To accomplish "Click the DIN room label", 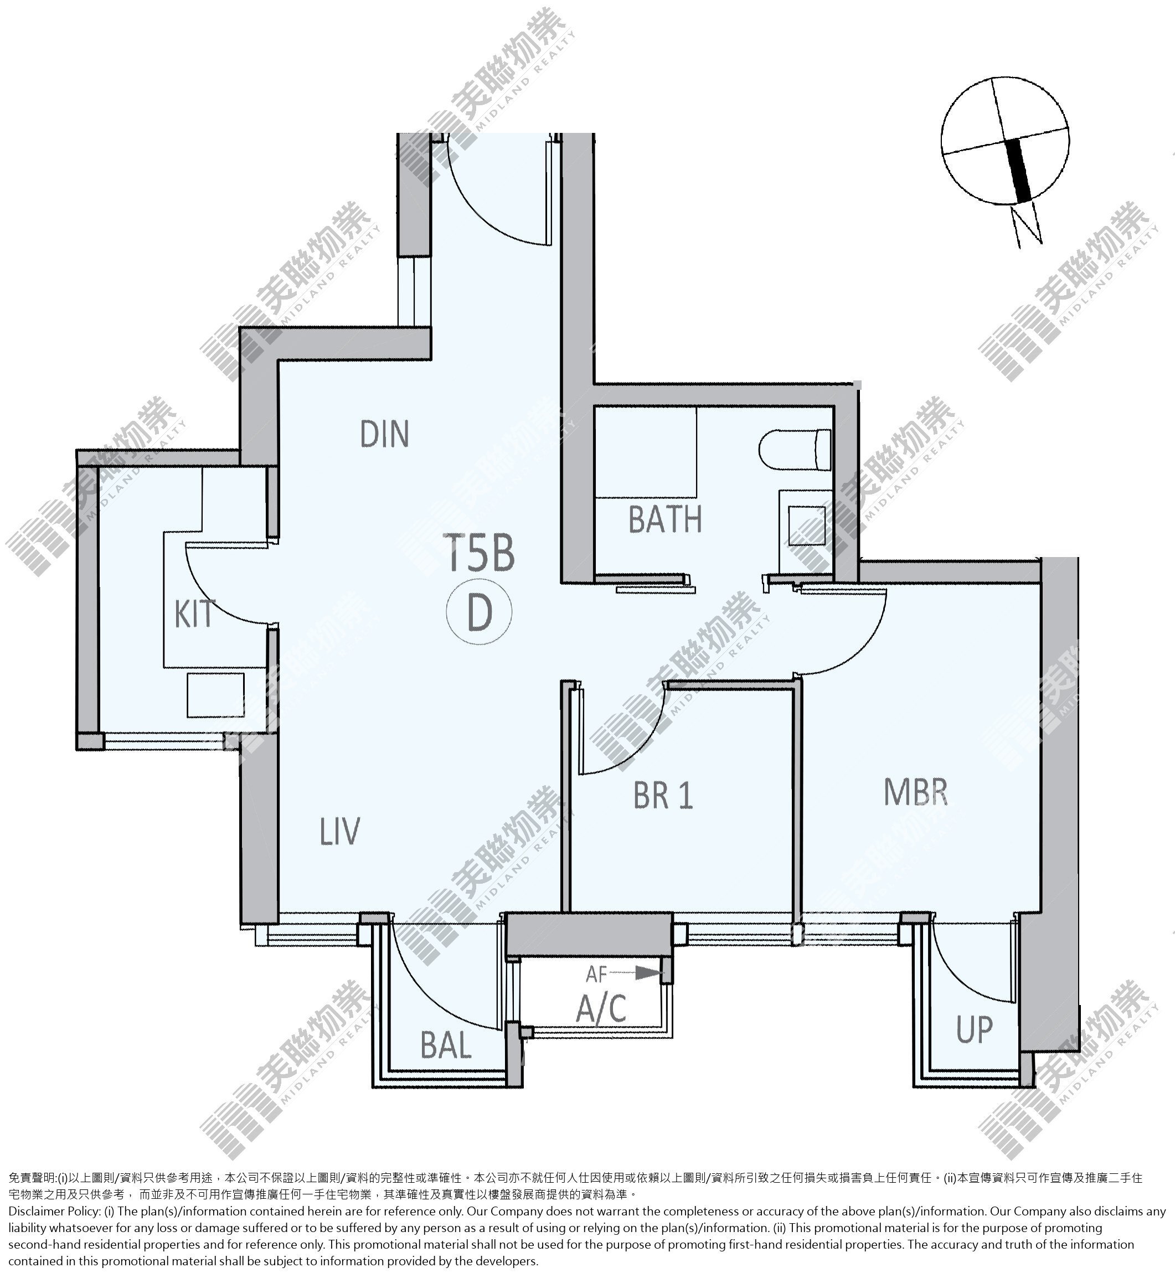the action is (384, 434).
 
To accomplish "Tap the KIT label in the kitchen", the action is (194, 614).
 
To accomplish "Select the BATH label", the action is (665, 519).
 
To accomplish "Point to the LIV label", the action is (340, 831).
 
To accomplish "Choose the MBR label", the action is (916, 792).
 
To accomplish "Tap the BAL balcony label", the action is (446, 1045).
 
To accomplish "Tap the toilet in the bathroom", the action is (795, 450).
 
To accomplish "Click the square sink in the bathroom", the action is (807, 526).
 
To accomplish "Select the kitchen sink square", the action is (215, 695).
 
